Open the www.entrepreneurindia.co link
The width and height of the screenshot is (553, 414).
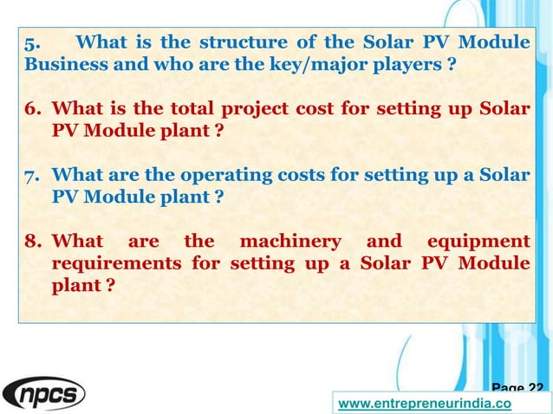[423, 404]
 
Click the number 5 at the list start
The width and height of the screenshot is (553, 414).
[30, 43]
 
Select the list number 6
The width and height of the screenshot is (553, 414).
[32, 109]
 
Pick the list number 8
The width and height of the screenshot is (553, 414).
[32, 240]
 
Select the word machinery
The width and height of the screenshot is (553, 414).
[290, 240]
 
